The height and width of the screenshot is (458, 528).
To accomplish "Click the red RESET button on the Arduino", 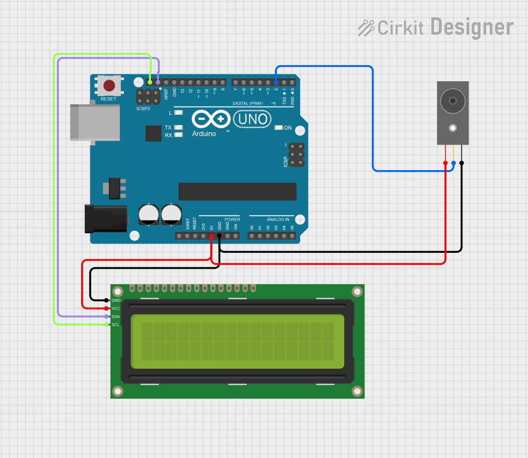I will coord(109,85).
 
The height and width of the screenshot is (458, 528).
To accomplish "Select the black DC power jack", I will coord(106,218).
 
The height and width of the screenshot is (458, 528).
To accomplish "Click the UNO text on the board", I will coord(253,119).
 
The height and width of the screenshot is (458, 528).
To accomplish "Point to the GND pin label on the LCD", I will coord(116,300).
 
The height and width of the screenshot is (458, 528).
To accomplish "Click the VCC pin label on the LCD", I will coord(116,308).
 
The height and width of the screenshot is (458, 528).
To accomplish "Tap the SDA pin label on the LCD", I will coord(116,316).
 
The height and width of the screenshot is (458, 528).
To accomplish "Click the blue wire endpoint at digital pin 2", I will coord(276,82).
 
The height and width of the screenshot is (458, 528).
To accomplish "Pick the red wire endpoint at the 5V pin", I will coord(211,236).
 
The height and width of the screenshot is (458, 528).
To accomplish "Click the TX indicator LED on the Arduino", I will coord(179,127).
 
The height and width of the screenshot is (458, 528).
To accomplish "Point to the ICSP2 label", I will coord(143,109).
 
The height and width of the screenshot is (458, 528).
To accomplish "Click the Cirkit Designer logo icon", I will coord(366,27).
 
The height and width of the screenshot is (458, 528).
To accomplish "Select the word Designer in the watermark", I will coord(472,27).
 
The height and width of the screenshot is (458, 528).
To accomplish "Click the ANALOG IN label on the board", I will coord(277,219).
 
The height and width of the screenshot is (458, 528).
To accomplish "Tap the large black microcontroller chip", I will coord(237,191).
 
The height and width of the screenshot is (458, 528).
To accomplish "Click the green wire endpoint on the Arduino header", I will coord(150,82).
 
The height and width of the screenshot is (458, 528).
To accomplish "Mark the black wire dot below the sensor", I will coord(461,163).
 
